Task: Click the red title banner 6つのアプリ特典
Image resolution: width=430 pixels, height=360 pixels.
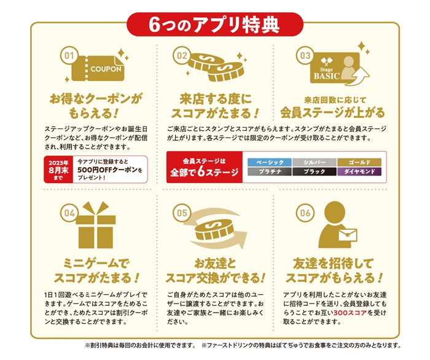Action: (214, 23)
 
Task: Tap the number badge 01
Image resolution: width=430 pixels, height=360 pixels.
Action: (69, 56)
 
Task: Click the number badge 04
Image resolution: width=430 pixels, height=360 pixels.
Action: (69, 214)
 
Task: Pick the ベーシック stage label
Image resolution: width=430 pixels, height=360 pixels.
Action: (268, 162)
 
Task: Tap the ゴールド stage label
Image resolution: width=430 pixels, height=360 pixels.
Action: (360, 162)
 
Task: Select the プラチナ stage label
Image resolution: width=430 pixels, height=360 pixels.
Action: (268, 172)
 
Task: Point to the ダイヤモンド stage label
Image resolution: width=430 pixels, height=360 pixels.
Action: (360, 172)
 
